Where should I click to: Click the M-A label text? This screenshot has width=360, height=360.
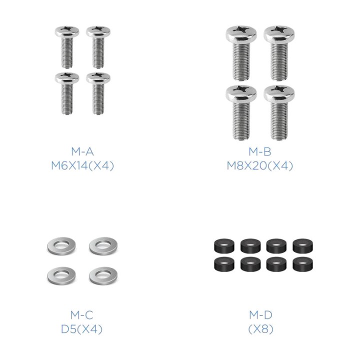coord(82,151)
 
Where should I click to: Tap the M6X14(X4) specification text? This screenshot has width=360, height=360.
coord(82,166)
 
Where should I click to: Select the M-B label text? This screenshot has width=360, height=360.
coord(260,151)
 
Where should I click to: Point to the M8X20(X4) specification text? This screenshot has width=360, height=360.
coord(260,166)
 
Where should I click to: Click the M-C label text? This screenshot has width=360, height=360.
coord(81,315)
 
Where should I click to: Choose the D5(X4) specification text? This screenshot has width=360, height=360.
coord(81,329)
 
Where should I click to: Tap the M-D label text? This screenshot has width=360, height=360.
coord(261,315)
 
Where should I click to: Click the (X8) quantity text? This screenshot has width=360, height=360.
coord(261,329)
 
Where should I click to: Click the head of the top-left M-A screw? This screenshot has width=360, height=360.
coord(67,31)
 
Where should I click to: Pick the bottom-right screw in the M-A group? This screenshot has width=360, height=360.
coord(98,93)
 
